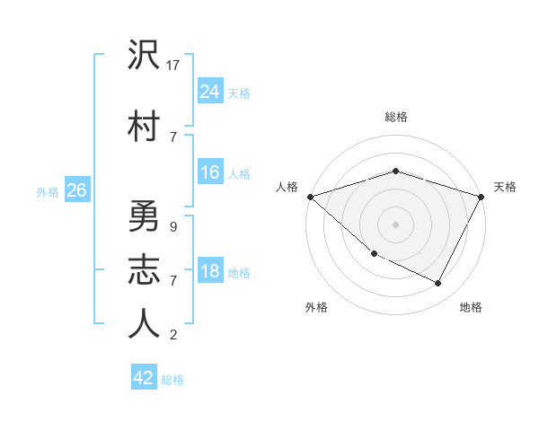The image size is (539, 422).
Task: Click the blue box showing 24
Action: point(209,91)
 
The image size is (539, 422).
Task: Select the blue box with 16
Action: point(209,172)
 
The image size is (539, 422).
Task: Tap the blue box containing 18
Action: point(209,271)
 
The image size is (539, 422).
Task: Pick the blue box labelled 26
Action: point(76,190)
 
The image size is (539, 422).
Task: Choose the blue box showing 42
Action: point(143,378)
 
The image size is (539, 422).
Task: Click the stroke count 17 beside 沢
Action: point(174,66)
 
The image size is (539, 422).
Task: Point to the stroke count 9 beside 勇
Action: point(172,227)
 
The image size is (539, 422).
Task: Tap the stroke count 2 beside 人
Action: point(172,335)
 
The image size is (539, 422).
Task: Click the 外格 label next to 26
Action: point(48,192)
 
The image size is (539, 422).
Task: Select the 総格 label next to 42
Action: point(172,380)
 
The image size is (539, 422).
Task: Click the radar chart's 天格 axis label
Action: point(505,187)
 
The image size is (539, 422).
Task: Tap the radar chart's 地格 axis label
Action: point(471,307)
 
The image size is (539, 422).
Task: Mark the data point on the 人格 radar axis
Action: point(310,197)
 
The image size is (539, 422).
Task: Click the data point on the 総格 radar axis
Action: point(395,171)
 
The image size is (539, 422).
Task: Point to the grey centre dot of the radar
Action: point(395,224)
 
